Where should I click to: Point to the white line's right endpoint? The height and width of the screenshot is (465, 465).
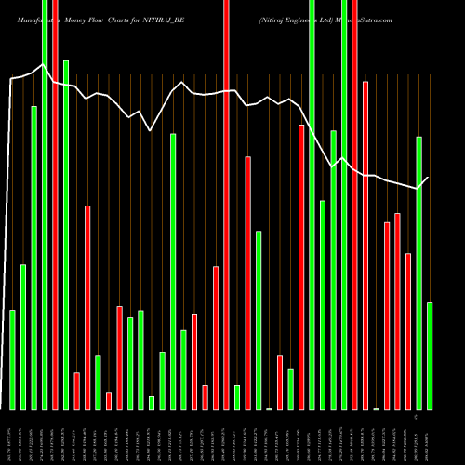429,177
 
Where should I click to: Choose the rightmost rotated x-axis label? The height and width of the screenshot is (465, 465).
430,437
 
